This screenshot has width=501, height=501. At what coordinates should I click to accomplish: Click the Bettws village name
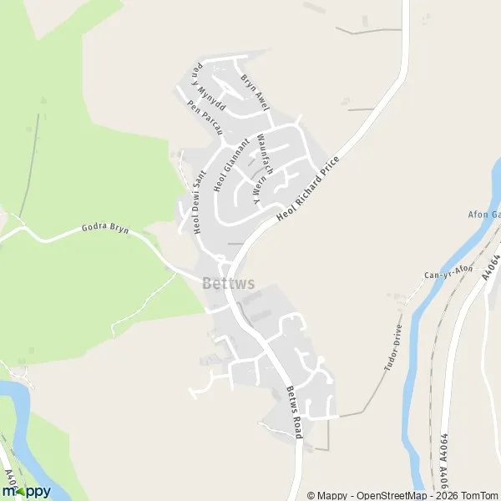click(x=228, y=283)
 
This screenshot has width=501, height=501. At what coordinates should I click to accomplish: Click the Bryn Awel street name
click(x=255, y=94)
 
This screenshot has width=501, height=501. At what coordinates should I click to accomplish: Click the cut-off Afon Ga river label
click(x=483, y=215)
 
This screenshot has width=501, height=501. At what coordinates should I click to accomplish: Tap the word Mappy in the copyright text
click(x=332, y=495)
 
